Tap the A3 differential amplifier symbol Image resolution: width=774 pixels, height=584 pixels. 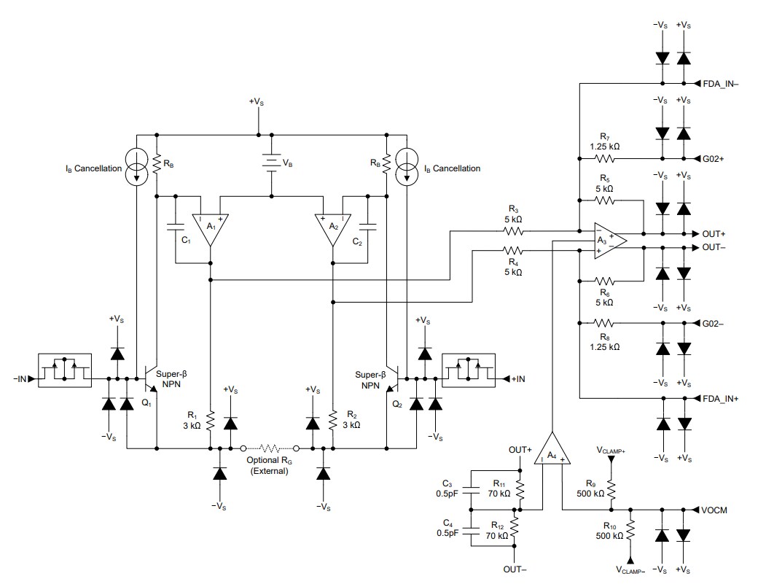coord(606,241)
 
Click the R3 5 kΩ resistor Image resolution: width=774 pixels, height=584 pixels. coord(512,232)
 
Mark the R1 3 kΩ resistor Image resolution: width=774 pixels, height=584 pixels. coord(210,421)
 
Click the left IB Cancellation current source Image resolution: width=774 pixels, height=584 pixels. coord(136,167)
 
